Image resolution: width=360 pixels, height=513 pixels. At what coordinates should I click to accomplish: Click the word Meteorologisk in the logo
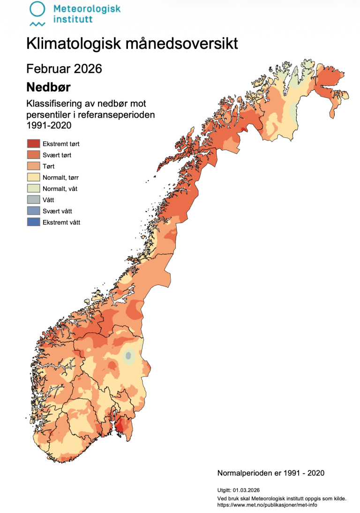pyautogui.click(x=87, y=8)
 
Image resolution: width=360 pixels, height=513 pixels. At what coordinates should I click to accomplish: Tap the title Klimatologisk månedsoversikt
pyautogui.click(x=132, y=44)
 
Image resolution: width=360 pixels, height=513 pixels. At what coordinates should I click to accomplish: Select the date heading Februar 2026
pyautogui.click(x=64, y=68)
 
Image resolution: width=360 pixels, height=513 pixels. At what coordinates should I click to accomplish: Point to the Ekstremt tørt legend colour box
pyautogui.click(x=33, y=144)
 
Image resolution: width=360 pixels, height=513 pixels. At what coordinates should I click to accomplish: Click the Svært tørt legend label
pyautogui.click(x=57, y=155)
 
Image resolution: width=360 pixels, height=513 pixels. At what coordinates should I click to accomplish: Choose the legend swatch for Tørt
pyautogui.click(x=33, y=166)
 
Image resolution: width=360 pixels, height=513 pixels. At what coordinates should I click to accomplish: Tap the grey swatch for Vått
pyautogui.click(x=33, y=200)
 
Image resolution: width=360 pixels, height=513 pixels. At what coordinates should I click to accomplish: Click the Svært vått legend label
pyautogui.click(x=57, y=211)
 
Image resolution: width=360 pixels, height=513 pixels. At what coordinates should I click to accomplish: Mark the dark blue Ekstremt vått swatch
pyautogui.click(x=33, y=222)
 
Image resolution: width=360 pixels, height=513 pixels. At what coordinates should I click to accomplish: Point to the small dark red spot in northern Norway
pyautogui.click(x=243, y=129)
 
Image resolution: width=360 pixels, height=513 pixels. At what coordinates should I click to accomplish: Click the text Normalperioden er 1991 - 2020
pyautogui.click(x=270, y=473)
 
